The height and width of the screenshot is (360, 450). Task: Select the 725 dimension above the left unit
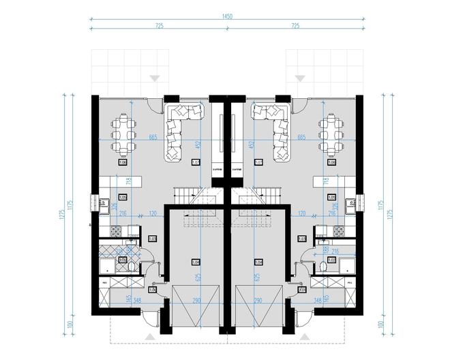tap(158, 25)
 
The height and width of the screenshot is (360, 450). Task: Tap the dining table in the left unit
tap(123, 134)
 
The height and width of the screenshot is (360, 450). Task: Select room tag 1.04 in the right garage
tap(258, 262)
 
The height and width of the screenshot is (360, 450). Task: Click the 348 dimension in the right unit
tap(316, 300)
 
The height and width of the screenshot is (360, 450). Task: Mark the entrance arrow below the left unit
tap(150, 336)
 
